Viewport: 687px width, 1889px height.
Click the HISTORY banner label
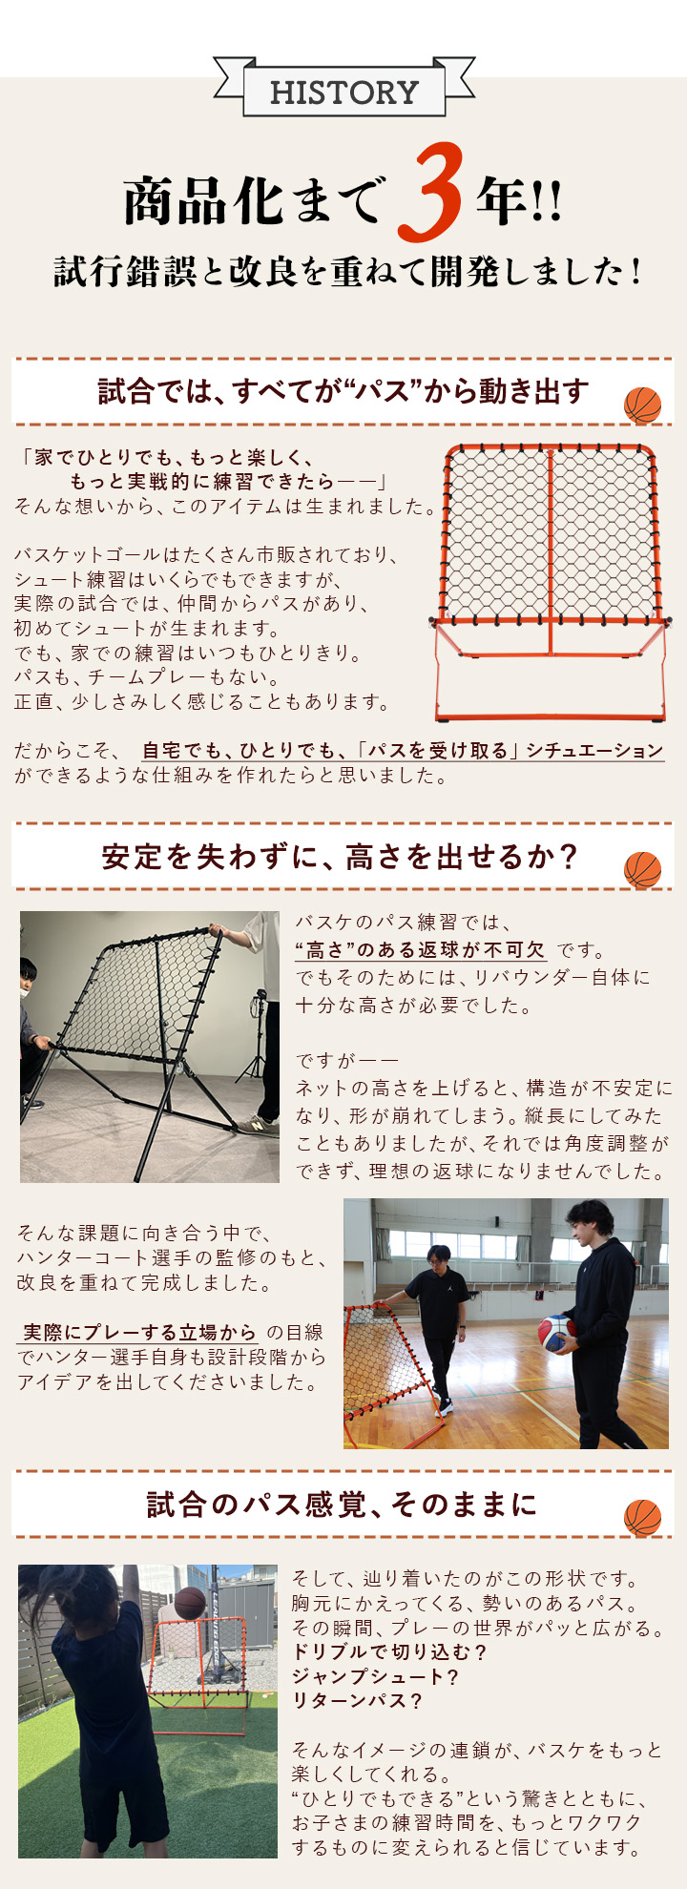click(343, 93)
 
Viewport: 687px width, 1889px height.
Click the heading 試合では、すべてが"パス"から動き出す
click(343, 391)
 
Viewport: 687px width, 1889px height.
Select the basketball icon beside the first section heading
click(642, 405)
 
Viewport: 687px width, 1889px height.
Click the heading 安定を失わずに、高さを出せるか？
click(340, 856)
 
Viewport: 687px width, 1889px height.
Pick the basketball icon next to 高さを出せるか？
click(642, 870)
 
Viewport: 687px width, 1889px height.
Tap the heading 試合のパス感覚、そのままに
click(342, 1505)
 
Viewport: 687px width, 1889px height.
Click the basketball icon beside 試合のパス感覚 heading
click(642, 1518)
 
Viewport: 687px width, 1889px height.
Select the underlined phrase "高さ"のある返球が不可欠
click(420, 950)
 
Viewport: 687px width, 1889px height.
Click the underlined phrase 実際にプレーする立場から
click(139, 1333)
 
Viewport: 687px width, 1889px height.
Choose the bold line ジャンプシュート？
click(375, 1677)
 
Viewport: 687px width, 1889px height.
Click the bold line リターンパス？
click(356, 1701)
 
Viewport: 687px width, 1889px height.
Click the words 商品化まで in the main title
click(252, 201)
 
